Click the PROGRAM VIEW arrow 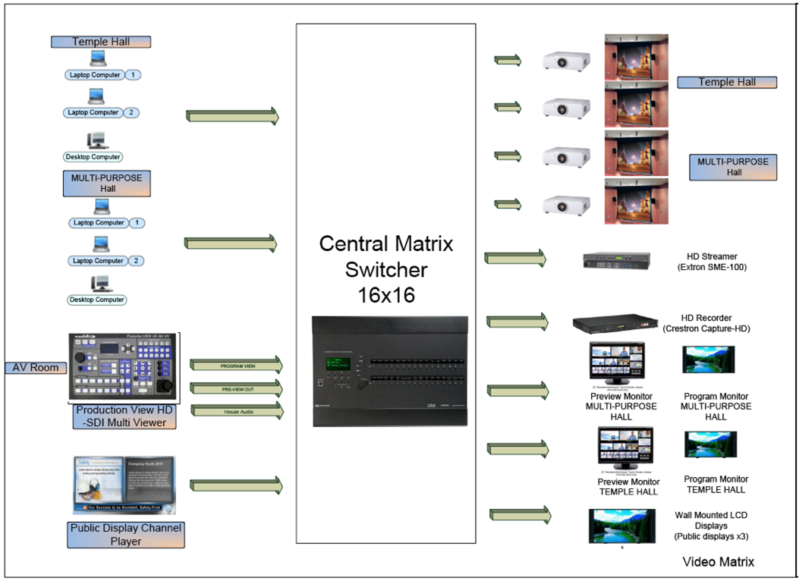click(236, 366)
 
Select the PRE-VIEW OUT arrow click(236, 388)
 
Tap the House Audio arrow click(236, 411)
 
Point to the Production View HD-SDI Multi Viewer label click(125, 417)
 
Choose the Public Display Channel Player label click(125, 535)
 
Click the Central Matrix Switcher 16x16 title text click(385, 268)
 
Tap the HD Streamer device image click(616, 260)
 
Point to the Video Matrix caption click(718, 562)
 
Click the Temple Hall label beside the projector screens click(727, 82)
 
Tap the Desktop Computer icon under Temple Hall click(96, 140)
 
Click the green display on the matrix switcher click(338, 365)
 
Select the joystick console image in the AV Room click(124, 367)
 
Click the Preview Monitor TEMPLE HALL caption click(629, 486)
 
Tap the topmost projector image click(567, 61)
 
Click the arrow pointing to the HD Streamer click(515, 259)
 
